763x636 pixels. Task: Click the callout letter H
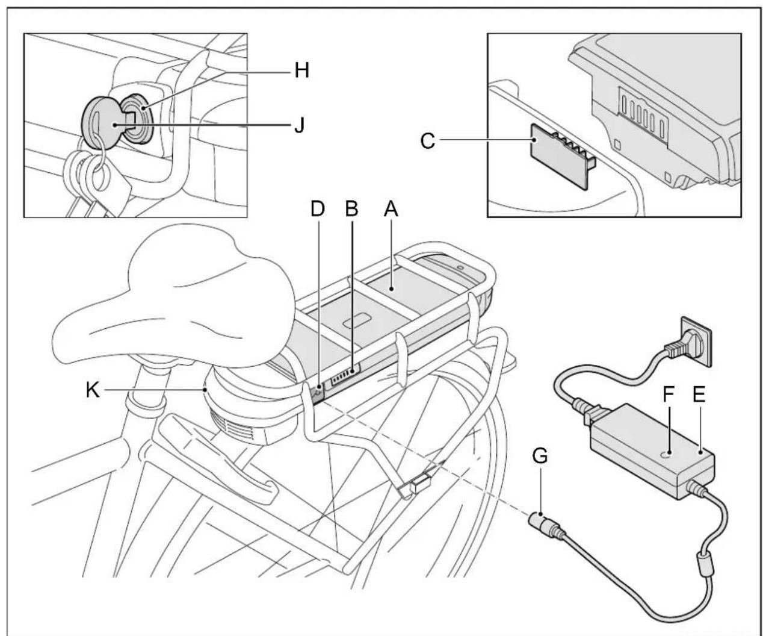[301, 70]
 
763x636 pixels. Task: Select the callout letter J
[300, 125]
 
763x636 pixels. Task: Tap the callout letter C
[428, 140]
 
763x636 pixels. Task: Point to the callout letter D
[318, 209]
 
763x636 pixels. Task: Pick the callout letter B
[352, 209]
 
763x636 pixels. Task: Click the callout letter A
[391, 209]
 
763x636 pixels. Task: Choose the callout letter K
[93, 390]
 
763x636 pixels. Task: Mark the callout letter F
[669, 394]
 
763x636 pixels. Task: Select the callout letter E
[699, 394]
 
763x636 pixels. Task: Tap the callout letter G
[540, 456]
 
